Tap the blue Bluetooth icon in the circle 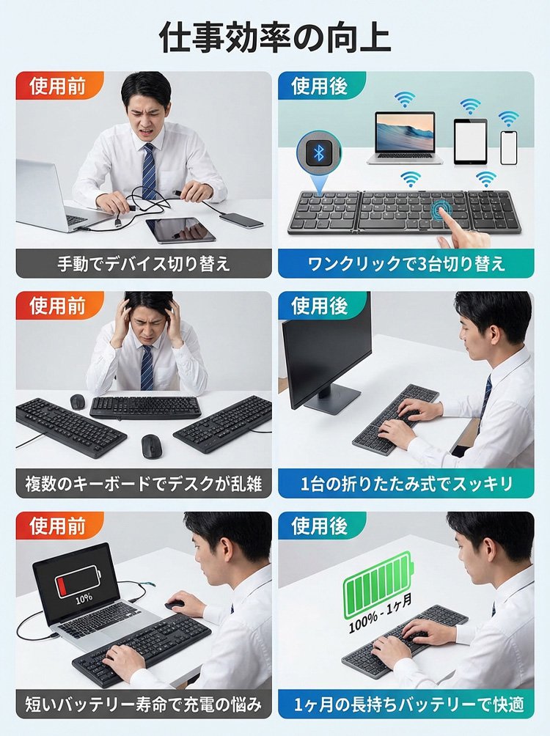click(318, 153)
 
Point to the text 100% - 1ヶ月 click(380, 613)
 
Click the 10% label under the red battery click(84, 600)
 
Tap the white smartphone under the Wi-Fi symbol click(508, 147)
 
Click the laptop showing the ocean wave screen click(405, 138)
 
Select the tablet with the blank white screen click(470, 141)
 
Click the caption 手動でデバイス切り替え click(144, 264)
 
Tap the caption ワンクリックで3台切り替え click(406, 264)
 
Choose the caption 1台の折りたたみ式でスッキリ click(406, 484)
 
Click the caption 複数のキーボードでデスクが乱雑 click(144, 484)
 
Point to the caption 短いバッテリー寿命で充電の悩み click(144, 704)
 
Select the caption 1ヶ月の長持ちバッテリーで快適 click(406, 704)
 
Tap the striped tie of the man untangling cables click(149, 172)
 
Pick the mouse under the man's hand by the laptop click(176, 604)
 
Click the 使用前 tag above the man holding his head click(58, 306)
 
